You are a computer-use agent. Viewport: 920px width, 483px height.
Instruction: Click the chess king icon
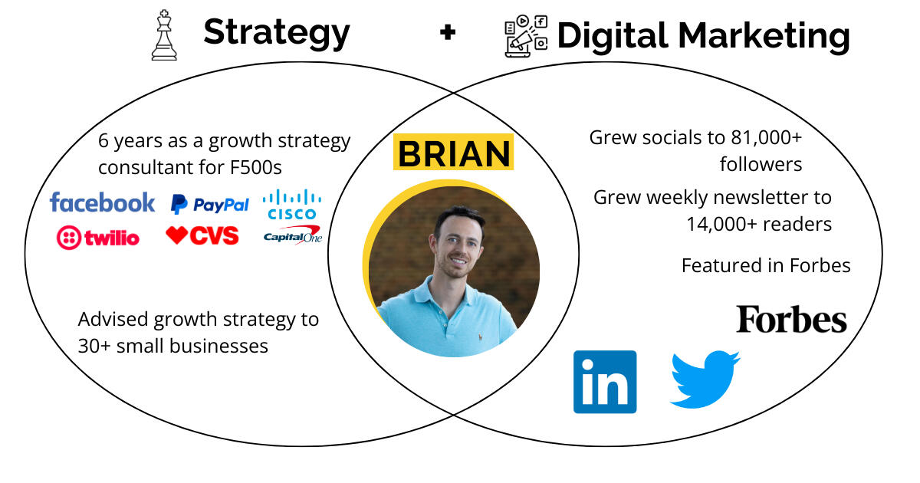(x=164, y=35)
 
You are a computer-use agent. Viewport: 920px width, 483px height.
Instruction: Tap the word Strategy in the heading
(x=277, y=34)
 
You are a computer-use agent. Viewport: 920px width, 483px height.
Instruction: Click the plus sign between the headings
(x=448, y=32)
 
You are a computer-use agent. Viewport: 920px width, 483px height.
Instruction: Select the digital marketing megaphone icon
(x=526, y=36)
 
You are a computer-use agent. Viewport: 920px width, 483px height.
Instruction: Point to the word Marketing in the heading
(x=764, y=37)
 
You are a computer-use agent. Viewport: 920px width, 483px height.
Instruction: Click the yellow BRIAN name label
(x=453, y=152)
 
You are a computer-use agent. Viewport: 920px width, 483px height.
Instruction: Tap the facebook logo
(x=102, y=202)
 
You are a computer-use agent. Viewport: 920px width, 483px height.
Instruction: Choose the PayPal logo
(x=210, y=204)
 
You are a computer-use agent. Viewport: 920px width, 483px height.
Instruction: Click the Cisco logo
(x=292, y=204)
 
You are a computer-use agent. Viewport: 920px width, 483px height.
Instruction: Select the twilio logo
(x=98, y=238)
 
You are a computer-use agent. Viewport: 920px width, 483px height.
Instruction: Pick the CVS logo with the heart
(x=202, y=235)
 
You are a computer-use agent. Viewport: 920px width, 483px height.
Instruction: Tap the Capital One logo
(x=293, y=235)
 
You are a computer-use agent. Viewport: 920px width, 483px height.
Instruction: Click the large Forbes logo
(x=791, y=319)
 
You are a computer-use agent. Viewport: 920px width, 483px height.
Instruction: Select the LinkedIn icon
(x=605, y=382)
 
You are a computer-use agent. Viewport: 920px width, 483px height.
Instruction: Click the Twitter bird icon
(x=705, y=379)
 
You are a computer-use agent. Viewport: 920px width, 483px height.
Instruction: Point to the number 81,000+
(x=767, y=137)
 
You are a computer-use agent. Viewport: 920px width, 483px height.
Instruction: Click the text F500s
(x=256, y=168)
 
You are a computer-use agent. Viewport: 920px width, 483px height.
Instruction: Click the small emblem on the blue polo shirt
(x=480, y=337)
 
